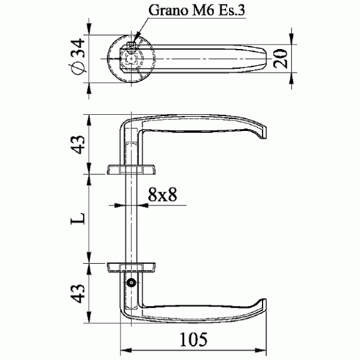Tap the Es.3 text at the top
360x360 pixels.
click(232, 11)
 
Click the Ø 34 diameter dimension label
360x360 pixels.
click(78, 56)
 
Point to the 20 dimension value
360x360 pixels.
click(281, 59)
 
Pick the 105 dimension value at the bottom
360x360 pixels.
click(193, 340)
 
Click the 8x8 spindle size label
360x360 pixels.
click(163, 194)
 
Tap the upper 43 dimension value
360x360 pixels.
click(78, 145)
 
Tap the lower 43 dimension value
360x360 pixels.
click(78, 294)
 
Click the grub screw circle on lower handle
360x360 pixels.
click(132, 282)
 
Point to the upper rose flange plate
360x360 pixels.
click(132, 169)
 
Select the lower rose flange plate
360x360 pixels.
click(132, 268)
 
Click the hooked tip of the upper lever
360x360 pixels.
click(264, 133)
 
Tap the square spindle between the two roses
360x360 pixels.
click(132, 218)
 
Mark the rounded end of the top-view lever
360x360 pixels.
click(264, 59)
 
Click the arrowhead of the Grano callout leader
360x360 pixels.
click(135, 42)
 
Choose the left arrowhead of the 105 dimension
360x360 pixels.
click(126, 350)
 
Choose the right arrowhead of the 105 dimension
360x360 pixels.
click(261, 350)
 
